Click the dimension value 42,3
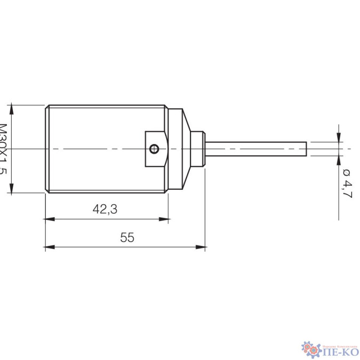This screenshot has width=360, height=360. (x=105, y=210)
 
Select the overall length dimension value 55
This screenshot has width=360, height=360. (x=127, y=238)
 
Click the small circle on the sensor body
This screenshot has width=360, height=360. (x=154, y=149)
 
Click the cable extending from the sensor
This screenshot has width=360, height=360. (x=256, y=149)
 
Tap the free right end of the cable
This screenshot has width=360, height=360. (x=306, y=149)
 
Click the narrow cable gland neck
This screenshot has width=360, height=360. (x=199, y=149)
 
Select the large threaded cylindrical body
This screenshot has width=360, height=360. (x=96, y=149)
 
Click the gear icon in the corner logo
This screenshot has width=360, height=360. (x=309, y=347)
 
